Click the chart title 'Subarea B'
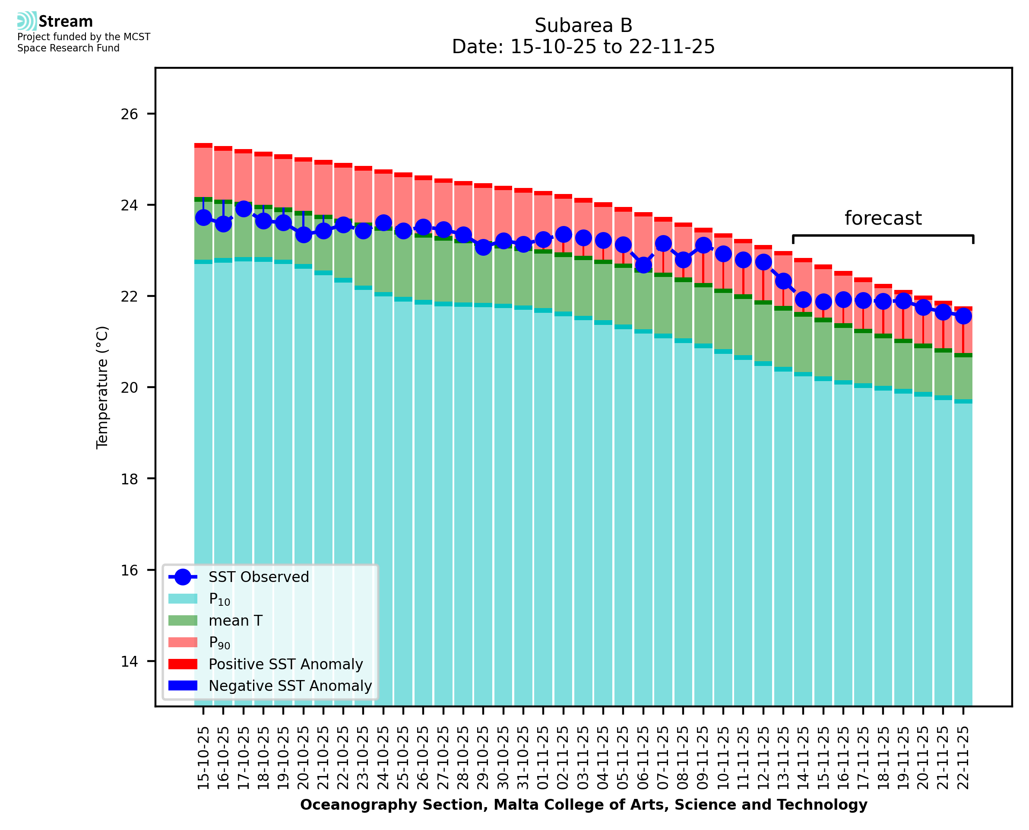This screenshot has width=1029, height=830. click(x=583, y=25)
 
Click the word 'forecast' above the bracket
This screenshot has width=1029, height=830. click(x=882, y=218)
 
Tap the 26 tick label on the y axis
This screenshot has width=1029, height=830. click(x=129, y=114)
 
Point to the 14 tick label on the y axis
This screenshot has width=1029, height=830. click(x=129, y=661)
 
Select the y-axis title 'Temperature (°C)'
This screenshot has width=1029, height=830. click(x=102, y=387)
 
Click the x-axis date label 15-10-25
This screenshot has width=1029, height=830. click(x=203, y=758)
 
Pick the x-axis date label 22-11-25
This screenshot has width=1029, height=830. click(x=963, y=758)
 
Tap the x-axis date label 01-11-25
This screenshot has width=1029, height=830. click(x=543, y=758)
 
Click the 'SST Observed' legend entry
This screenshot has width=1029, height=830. click(x=259, y=577)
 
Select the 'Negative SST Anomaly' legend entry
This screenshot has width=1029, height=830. click(x=290, y=686)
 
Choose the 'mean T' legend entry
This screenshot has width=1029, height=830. click(x=235, y=620)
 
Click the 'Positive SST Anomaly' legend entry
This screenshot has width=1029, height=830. click(x=286, y=664)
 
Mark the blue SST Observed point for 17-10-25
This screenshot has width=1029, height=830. click(x=244, y=209)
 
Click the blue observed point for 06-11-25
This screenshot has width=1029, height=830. click(x=643, y=265)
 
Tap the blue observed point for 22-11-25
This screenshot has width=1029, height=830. click(x=963, y=316)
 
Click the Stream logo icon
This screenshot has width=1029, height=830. click(x=27, y=21)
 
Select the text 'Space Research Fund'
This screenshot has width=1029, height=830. click(x=68, y=48)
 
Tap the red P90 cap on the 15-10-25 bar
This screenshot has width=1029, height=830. click(x=203, y=145)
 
